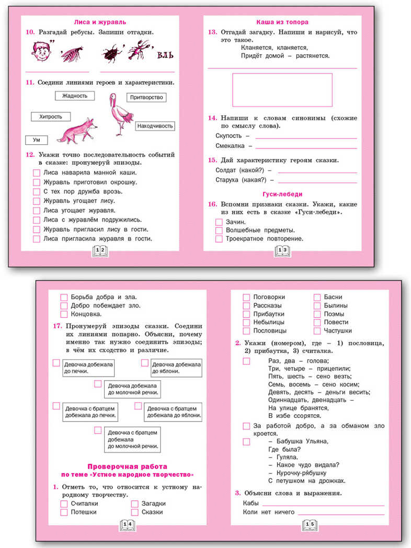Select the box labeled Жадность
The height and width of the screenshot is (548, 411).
pos(75,96)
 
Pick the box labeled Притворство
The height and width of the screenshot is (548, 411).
pos(146,97)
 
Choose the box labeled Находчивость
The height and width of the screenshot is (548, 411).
pos(155,126)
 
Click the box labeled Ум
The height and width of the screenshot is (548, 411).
pos(37,140)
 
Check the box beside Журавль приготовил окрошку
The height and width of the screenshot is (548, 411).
pos(37,182)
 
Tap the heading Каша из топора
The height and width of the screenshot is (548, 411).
pos(282,22)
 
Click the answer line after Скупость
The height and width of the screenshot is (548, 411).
pos(305,138)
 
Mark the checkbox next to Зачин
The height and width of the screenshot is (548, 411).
pos(219,222)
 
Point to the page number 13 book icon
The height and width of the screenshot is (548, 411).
pos(282,252)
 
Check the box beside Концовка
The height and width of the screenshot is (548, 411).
pos(64,314)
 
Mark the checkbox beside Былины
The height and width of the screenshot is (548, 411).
pos(317,305)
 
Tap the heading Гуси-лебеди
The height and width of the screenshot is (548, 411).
pos(282,193)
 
